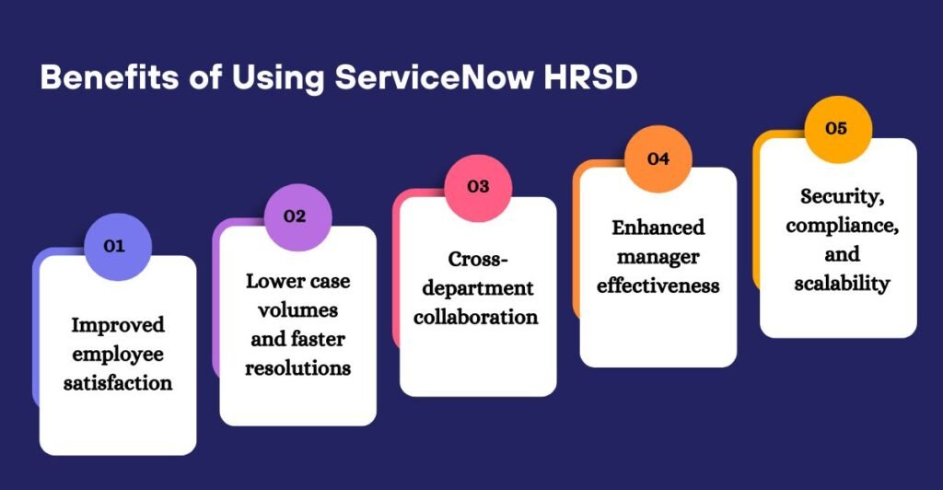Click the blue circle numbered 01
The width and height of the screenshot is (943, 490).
coord(115,246)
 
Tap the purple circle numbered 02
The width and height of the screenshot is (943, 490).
coord(295,217)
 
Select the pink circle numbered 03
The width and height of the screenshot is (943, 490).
coord(477,187)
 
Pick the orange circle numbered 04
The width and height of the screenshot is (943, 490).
coord(658,158)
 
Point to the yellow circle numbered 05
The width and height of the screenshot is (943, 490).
coord(836,129)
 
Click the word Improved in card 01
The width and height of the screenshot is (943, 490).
coord(119,325)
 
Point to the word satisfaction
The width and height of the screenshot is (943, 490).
coord(118,382)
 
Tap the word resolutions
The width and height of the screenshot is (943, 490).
coord(299,367)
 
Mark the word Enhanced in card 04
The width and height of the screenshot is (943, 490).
coord(658,227)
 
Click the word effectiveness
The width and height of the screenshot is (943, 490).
coord(658,285)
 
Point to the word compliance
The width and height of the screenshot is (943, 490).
coord(837,226)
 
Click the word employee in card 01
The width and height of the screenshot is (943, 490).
coord(118,354)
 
